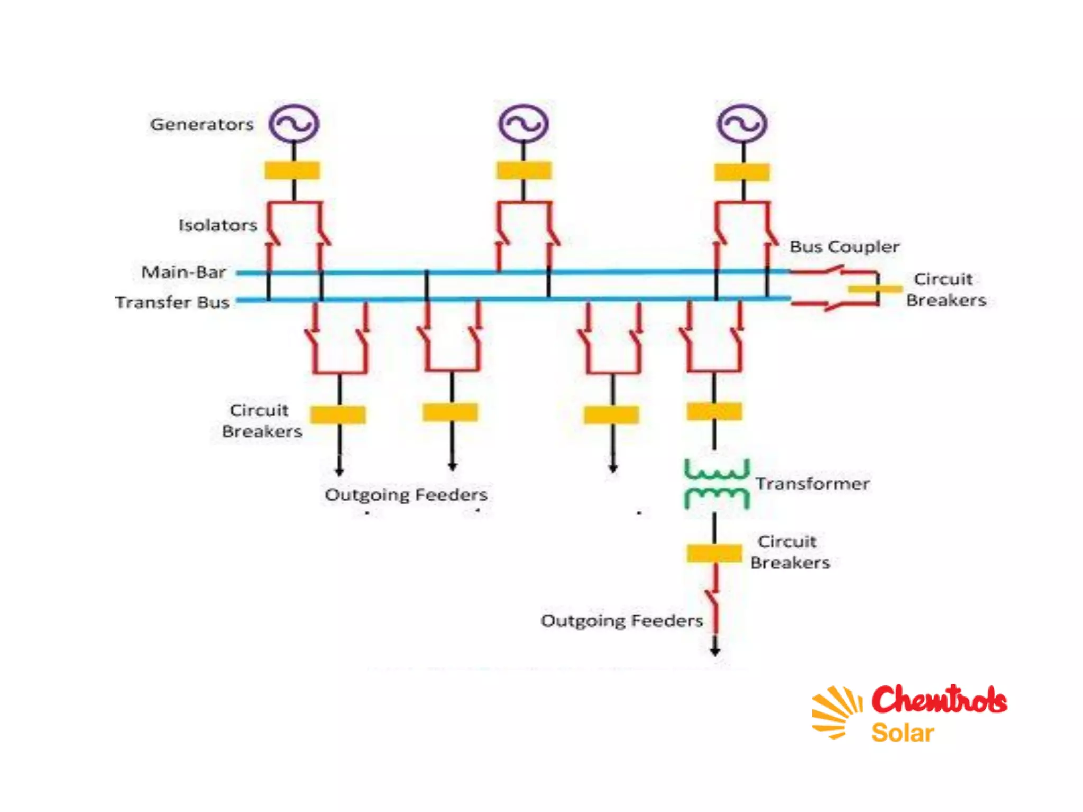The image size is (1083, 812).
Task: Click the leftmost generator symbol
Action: pyautogui.click(x=294, y=124)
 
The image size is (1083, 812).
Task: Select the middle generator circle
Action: pyautogui.click(x=524, y=124)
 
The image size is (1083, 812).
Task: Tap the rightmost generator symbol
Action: pyautogui.click(x=742, y=124)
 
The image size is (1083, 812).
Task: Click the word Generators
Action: pyautogui.click(x=201, y=125)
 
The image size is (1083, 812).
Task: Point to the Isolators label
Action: pyautogui.click(x=217, y=225)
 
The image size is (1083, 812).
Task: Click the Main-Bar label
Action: pyautogui.click(x=183, y=272)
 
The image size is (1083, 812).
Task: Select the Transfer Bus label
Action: pyautogui.click(x=172, y=302)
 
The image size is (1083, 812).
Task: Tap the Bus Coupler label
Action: pyautogui.click(x=845, y=247)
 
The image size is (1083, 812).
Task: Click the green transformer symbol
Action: pyautogui.click(x=717, y=483)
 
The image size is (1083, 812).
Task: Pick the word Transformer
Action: pyautogui.click(x=812, y=484)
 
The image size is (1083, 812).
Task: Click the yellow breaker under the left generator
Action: pyautogui.click(x=292, y=171)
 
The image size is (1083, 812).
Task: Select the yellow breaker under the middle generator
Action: pyautogui.click(x=524, y=171)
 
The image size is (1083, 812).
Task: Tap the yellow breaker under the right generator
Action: pyautogui.click(x=742, y=172)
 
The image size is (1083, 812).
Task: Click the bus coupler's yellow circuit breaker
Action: pyautogui.click(x=875, y=289)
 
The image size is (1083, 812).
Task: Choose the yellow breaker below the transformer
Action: pyautogui.click(x=714, y=553)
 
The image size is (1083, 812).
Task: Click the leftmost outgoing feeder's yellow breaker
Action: pyautogui.click(x=338, y=414)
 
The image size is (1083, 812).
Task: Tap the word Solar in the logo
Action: pyautogui.click(x=902, y=733)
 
